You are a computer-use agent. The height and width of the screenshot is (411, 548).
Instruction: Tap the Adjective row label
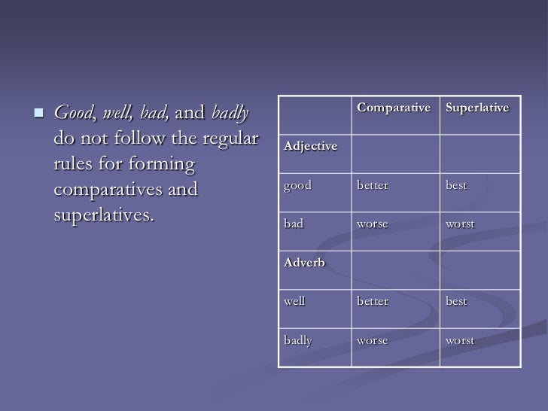[310, 146]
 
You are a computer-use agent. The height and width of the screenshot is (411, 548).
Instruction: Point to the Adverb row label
[304, 263]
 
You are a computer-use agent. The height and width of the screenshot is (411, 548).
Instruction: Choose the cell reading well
[294, 301]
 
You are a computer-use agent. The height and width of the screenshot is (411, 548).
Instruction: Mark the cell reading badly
[297, 340]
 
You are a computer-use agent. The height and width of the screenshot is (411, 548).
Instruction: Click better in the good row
[373, 185]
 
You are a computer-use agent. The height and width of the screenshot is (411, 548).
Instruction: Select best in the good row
[455, 185]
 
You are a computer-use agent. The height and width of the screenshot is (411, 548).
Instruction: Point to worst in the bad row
[460, 224]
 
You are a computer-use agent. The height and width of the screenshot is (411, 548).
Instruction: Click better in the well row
[373, 301]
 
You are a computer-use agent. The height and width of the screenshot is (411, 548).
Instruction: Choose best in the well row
[455, 301]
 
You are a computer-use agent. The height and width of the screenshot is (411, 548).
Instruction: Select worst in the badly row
[460, 340]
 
